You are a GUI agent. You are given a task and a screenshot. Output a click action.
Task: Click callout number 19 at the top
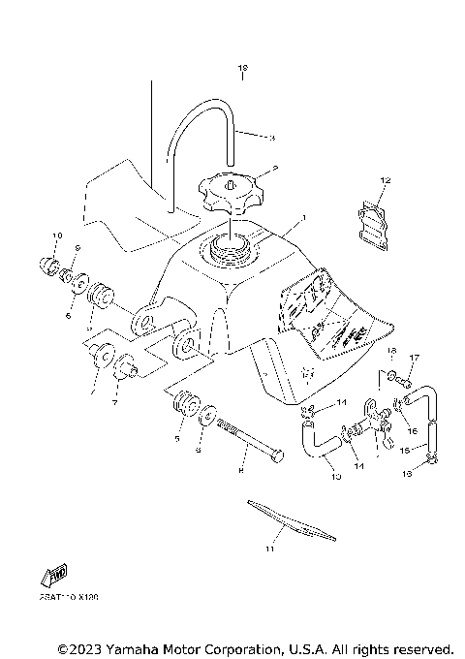[243, 69]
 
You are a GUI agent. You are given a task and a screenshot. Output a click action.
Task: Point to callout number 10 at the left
[56, 235]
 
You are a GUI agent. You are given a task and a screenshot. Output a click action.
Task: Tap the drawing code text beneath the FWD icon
[66, 598]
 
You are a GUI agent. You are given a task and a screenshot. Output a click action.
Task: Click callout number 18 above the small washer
[393, 351]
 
